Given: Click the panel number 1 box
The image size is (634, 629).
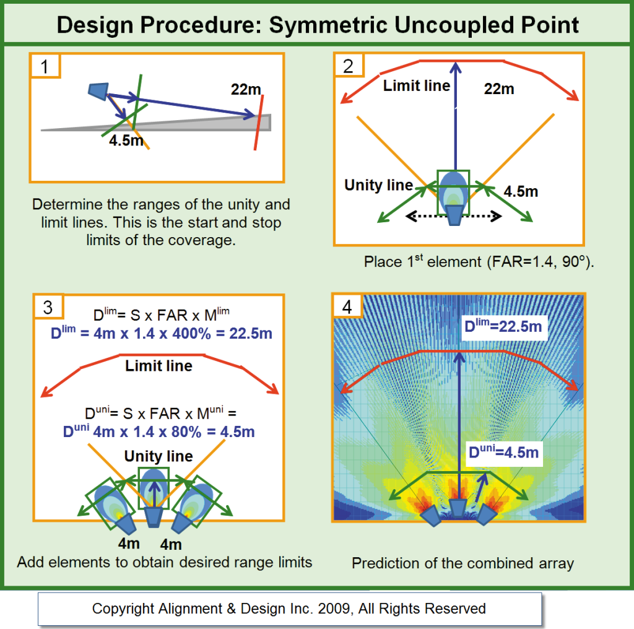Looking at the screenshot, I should point(45,66).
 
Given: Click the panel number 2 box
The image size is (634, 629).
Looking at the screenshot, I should point(349,66).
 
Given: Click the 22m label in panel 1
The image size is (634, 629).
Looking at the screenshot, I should point(246,90).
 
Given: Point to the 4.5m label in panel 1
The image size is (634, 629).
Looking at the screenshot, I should point(126,141).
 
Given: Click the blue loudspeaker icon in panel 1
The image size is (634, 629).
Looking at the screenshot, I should point(98,90).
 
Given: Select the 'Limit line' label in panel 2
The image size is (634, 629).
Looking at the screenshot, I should point(417,86).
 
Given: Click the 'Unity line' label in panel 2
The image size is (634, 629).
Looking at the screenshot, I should point(378,185).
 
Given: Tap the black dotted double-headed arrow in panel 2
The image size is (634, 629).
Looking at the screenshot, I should point(453,216).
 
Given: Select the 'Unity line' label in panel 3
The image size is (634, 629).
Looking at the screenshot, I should point(158,456).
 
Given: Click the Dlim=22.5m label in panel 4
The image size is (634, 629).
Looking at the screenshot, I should point(505,326).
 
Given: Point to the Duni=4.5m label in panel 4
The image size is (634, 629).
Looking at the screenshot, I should point(503,453).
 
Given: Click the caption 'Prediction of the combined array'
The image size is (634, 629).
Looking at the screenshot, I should point(462,563).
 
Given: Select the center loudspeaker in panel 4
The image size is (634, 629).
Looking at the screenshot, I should point(458,508).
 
